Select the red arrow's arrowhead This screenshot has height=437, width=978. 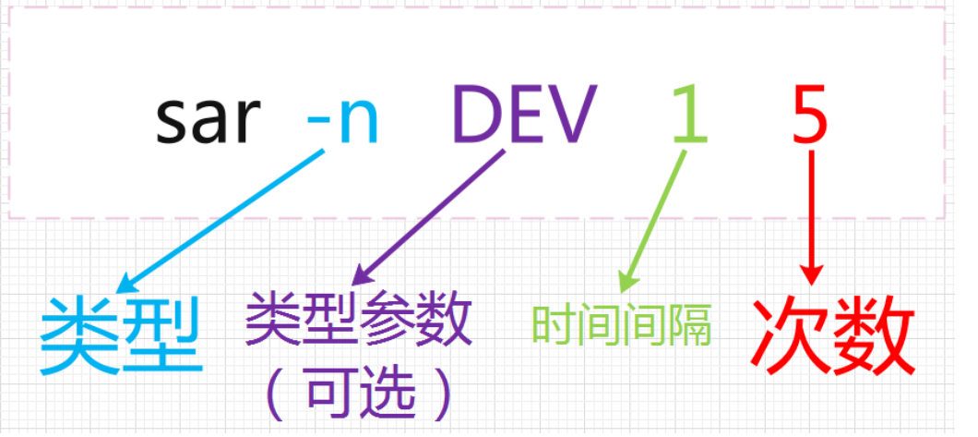pyautogui.click(x=811, y=275)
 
